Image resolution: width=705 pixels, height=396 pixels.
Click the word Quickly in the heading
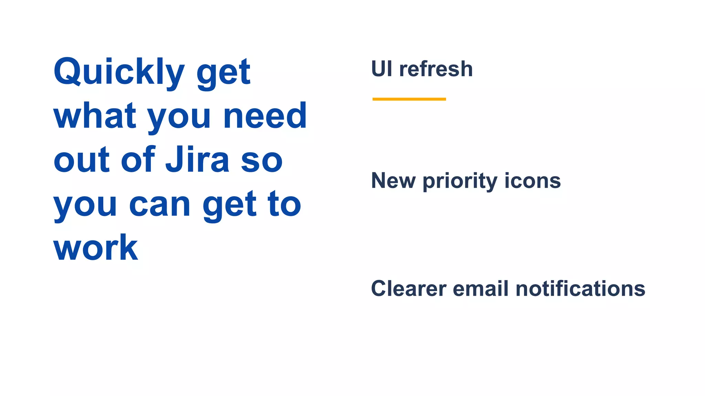tap(119, 72)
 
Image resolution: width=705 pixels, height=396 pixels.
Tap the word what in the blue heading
tap(95, 116)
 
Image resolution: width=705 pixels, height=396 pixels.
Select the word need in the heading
tap(265, 116)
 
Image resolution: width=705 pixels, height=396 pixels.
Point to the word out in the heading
tap(81, 160)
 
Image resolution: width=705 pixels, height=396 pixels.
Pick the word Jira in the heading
tap(197, 160)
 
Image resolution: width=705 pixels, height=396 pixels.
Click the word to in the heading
tap(284, 205)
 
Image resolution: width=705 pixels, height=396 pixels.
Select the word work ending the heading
tap(96, 248)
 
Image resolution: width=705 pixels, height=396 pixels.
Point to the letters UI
tap(382, 69)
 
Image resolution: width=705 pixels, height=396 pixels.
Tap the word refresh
tap(436, 69)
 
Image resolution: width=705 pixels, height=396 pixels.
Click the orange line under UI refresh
tap(409, 99)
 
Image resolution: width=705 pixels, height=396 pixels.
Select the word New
tap(393, 181)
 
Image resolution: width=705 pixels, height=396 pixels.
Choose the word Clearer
tap(409, 288)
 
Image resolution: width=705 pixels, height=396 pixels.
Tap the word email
tap(480, 288)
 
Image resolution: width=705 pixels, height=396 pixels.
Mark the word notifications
tap(580, 288)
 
